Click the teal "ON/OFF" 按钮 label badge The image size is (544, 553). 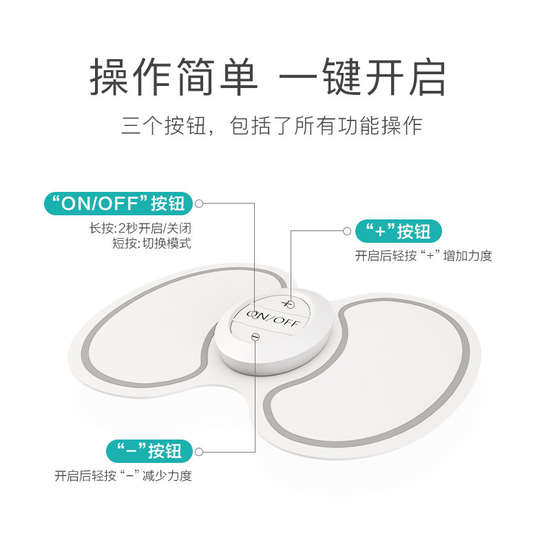point(118,204)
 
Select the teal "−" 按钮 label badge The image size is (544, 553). point(145,451)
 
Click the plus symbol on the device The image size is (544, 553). point(289,303)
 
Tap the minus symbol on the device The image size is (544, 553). point(255,336)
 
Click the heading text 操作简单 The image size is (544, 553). point(174,78)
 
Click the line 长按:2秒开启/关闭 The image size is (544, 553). point(140,227)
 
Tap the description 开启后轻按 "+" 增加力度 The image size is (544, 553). point(423,256)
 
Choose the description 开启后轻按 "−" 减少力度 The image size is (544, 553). point(123,476)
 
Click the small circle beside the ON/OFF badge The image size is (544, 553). point(200,204)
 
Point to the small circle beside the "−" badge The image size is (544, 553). point(200,452)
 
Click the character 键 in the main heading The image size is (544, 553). point(338,78)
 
